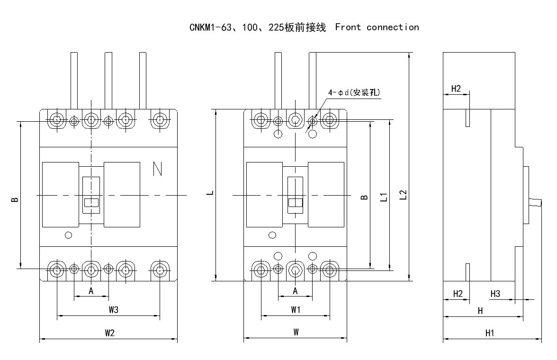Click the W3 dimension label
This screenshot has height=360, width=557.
(113, 310)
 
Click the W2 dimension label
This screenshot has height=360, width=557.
(110, 333)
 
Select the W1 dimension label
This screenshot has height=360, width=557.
(296, 310)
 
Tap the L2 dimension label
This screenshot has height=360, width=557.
(403, 195)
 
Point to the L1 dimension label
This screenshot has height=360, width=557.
(384, 196)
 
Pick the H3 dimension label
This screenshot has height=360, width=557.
(495, 294)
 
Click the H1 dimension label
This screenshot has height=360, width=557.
(490, 333)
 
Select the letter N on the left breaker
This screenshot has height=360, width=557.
(158, 169)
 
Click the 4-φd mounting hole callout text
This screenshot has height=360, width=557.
(353, 93)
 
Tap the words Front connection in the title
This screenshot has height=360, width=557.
(377, 27)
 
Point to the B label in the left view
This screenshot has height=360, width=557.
(15, 199)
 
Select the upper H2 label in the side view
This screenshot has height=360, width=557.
(456, 88)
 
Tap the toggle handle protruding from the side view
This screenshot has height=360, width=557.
(536, 202)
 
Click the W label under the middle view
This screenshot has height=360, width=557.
(296, 333)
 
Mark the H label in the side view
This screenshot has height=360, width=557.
(480, 311)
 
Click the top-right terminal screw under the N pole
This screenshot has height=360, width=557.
(160, 120)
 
